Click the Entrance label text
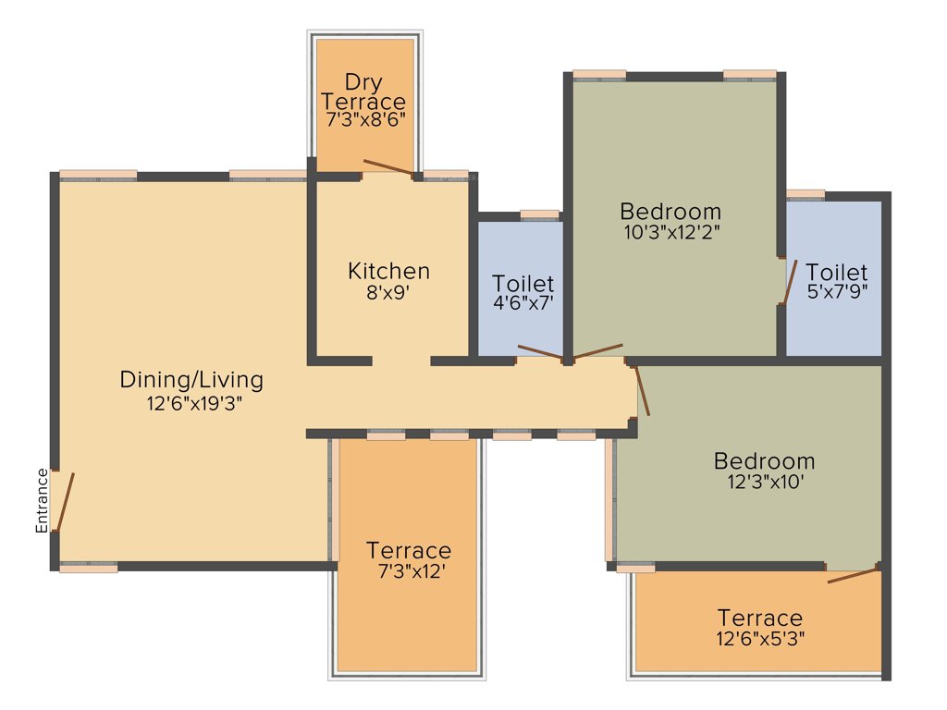[42, 501]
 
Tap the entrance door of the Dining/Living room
[63, 502]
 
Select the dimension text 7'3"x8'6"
[365, 119]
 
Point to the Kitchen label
[388, 271]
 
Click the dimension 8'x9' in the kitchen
[388, 293]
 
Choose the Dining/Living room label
[191, 379]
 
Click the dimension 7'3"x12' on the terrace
[408, 571]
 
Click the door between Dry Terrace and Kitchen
[388, 166]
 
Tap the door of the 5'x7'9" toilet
[789, 282]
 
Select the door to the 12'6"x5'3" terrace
[853, 575]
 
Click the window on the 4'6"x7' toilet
[539, 214]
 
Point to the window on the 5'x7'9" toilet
[805, 194]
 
